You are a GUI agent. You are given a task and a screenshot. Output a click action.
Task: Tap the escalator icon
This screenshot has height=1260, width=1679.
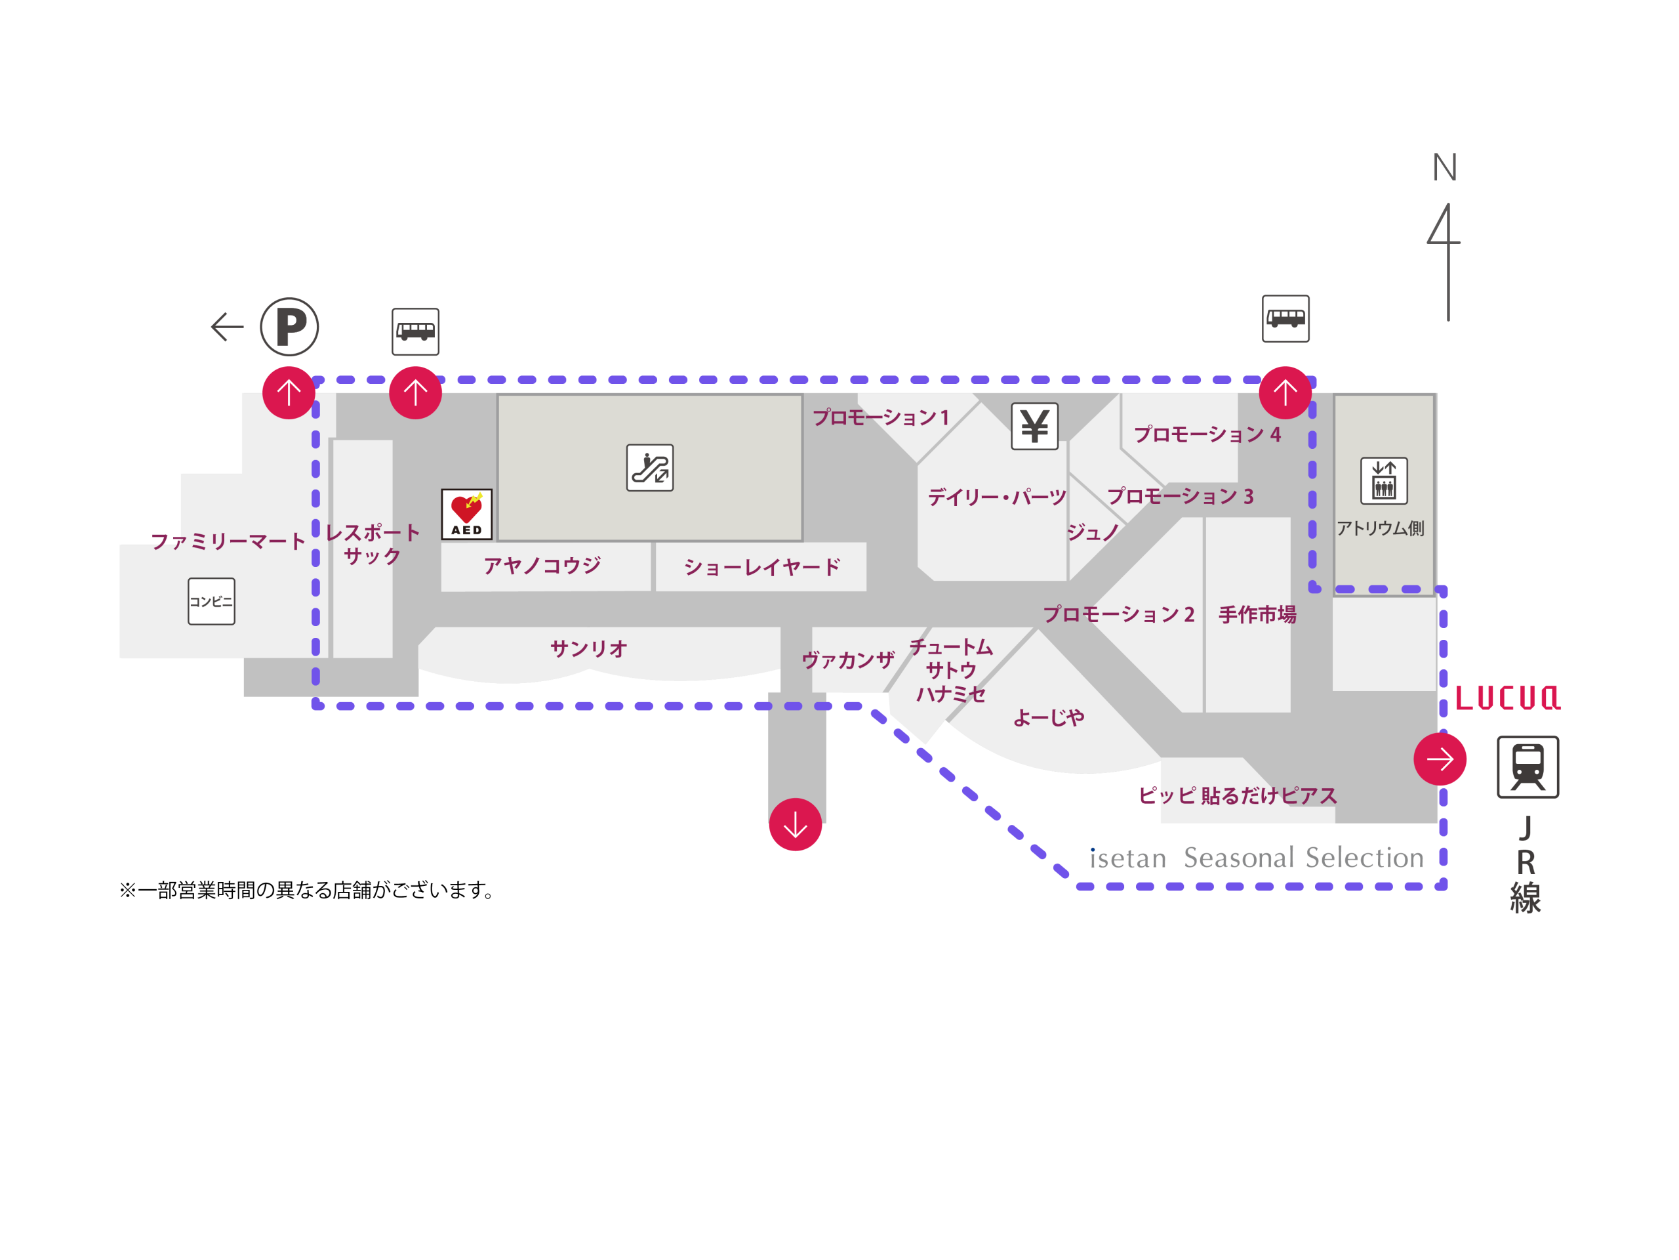(650, 468)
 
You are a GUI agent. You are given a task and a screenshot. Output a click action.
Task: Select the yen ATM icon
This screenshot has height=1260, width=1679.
(1034, 426)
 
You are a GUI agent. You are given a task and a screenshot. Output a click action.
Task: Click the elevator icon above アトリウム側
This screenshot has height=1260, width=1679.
(1384, 481)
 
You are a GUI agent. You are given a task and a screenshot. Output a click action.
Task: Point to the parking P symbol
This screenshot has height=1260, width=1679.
(289, 327)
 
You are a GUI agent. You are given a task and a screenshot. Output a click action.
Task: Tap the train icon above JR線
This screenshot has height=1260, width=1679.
(1528, 767)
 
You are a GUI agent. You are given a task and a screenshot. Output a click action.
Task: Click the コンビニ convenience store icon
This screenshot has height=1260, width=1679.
(212, 602)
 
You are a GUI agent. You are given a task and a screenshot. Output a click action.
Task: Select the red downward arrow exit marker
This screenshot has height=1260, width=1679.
(796, 824)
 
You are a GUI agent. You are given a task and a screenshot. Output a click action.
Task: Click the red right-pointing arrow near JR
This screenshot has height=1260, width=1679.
(1440, 759)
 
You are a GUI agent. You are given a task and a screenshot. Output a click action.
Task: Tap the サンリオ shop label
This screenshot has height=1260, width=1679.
(589, 648)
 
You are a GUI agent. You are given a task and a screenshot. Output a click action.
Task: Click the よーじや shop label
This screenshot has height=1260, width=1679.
(1049, 718)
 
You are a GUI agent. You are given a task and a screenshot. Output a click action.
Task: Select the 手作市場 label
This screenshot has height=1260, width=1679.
(1258, 614)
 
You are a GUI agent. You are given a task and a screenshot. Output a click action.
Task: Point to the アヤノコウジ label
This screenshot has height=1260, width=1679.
(542, 565)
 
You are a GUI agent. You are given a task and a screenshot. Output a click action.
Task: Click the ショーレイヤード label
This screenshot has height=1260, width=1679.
(762, 566)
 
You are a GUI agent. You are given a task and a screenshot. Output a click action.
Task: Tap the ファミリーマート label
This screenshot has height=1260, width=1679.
(228, 541)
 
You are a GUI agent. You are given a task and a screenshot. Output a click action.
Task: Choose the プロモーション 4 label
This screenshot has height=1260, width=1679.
(1207, 434)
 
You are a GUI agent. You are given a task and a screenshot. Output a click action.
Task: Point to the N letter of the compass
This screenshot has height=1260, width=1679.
(1444, 167)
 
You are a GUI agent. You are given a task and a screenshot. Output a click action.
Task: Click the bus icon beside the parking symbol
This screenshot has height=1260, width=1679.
(415, 332)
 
